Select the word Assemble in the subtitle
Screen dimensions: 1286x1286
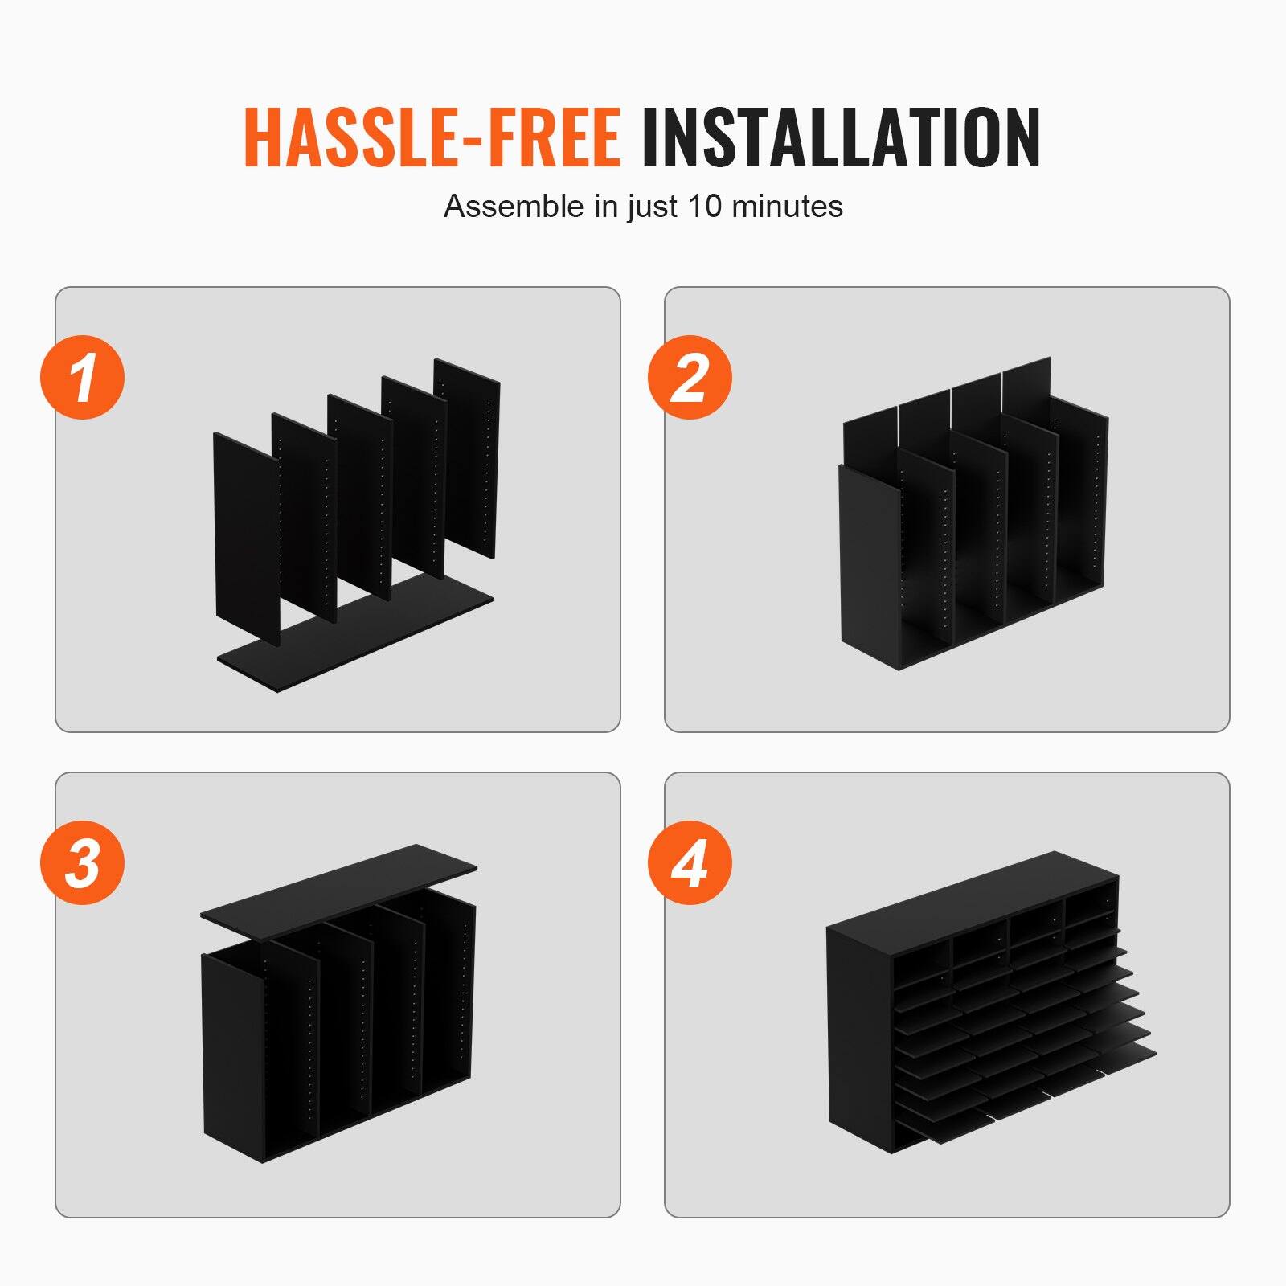[x=514, y=207]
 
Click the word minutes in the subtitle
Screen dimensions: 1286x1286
[x=787, y=207]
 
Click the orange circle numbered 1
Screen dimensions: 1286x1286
[x=83, y=377]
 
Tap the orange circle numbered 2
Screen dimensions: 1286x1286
[x=690, y=377]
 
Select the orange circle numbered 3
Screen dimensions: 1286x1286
[x=83, y=862]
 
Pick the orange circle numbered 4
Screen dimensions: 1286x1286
[x=690, y=862]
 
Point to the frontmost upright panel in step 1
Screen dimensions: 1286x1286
[x=246, y=539]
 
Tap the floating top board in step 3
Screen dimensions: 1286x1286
[x=338, y=884]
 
